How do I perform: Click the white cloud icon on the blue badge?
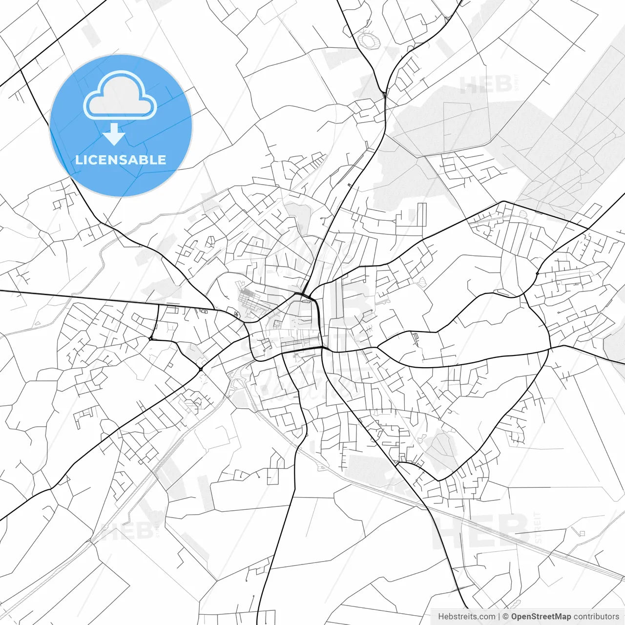[120, 95]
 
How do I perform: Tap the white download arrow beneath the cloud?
[114, 134]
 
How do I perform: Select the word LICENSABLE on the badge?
[121, 160]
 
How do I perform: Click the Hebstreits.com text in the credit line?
[466, 617]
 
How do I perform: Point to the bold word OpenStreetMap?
[541, 617]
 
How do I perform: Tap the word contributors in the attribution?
[596, 617]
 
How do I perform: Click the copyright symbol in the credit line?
[506, 617]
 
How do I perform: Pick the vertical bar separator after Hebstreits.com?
[499, 617]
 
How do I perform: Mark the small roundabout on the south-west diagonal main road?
[201, 369]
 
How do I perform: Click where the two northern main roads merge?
[386, 93]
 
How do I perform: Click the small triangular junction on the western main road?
[151, 338]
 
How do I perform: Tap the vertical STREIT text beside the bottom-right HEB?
[538, 527]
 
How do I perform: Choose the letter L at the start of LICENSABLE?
[78, 160]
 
